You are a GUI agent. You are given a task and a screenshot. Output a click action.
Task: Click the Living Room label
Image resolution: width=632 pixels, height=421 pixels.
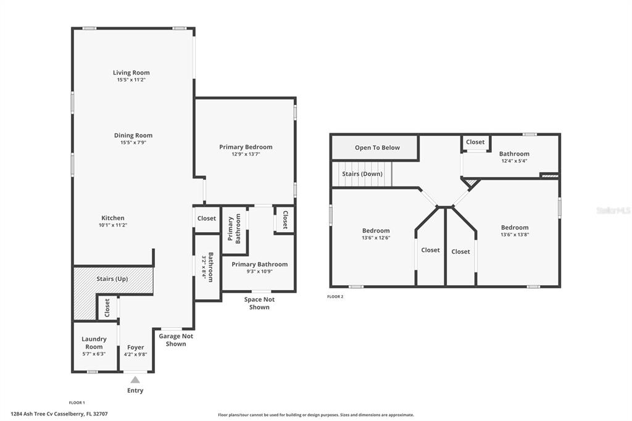[131, 73]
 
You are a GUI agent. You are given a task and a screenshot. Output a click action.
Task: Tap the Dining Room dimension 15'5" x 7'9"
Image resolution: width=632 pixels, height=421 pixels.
[133, 143]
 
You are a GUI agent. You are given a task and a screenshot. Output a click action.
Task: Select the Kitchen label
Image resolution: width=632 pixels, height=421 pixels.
[113, 218]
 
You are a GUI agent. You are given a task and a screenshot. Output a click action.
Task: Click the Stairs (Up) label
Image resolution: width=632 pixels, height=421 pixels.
[112, 278]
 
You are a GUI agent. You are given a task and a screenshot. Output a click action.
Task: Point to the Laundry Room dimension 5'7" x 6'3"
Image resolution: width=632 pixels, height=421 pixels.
[94, 354]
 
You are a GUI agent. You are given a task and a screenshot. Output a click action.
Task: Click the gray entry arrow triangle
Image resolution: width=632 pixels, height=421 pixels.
[135, 380]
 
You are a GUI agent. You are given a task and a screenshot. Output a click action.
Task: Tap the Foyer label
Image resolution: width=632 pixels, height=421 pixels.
[135, 347]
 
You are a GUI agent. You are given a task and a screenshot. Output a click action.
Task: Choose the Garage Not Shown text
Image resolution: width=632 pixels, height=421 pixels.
[176, 340]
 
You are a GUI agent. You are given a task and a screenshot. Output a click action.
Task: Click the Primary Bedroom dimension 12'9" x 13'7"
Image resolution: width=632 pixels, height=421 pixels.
[246, 154]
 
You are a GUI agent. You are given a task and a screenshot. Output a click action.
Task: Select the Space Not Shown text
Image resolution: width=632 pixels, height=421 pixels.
[259, 303]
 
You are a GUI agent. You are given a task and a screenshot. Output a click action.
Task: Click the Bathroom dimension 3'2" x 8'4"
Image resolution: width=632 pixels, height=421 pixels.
[204, 267]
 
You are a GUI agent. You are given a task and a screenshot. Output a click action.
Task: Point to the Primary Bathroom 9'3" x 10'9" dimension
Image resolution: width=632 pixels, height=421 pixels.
[260, 272]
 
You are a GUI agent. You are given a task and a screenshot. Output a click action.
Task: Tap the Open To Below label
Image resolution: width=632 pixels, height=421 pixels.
[377, 148]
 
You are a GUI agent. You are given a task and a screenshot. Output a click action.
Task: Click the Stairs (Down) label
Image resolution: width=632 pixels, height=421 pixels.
[362, 174]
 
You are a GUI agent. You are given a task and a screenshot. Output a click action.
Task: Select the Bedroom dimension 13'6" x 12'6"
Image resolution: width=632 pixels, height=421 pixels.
[376, 238]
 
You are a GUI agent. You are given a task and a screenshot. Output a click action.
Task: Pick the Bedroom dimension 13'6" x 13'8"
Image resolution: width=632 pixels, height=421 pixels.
[515, 235]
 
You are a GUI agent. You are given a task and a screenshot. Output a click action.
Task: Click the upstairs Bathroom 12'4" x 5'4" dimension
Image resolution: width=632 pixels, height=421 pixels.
[514, 161]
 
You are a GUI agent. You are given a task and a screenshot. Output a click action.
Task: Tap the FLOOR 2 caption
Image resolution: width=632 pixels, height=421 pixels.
[335, 297]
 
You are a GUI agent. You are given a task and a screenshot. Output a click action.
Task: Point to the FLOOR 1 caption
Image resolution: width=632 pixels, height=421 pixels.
[77, 402]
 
